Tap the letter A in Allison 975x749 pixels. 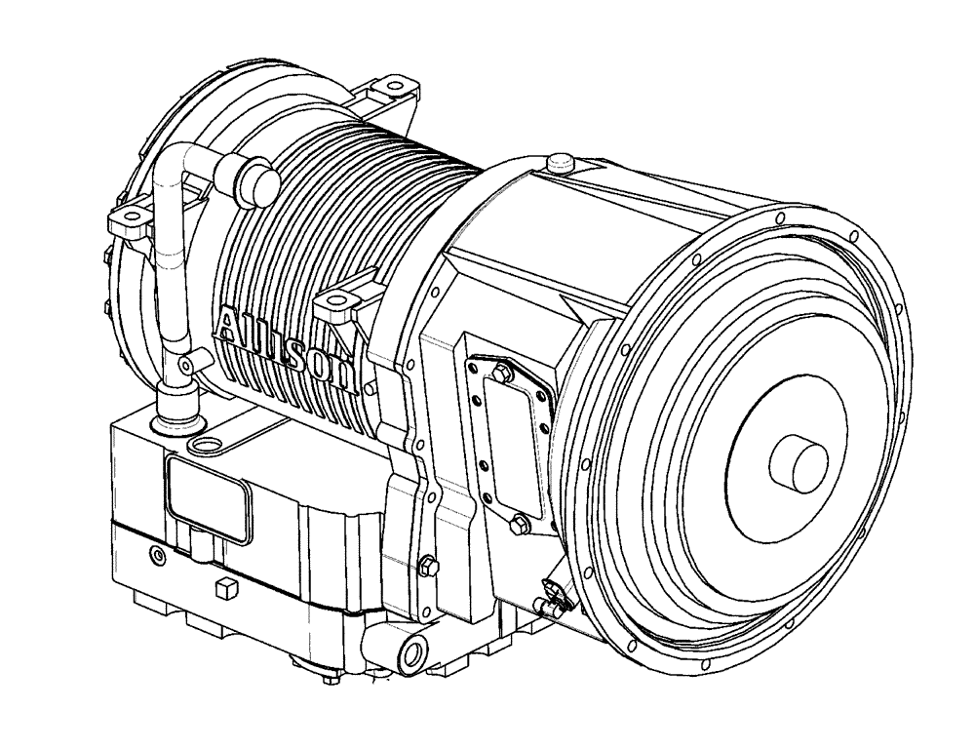coord(232,324)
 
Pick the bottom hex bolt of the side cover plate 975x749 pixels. coord(518,525)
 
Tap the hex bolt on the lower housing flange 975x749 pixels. coord(426,565)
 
